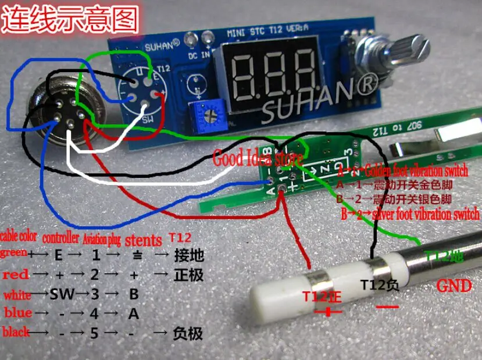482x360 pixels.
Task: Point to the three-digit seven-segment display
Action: pos(274,76)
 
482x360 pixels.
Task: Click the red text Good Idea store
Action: pos(258,158)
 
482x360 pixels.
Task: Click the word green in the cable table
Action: pos(13,253)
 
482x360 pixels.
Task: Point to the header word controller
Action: pos(60,238)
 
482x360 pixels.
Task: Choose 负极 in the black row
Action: pos(188,334)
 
